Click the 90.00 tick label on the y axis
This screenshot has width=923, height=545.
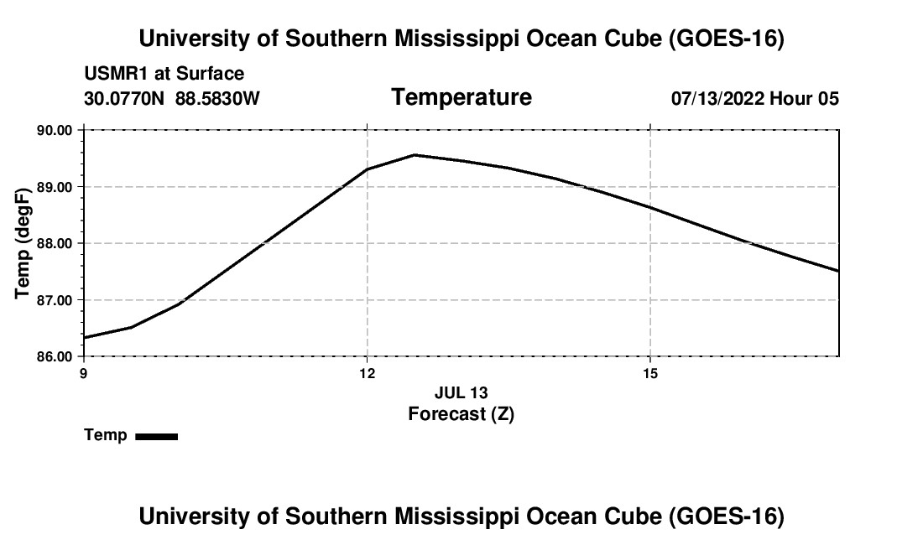pyautogui.click(x=55, y=131)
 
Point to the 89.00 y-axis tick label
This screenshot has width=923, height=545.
pyautogui.click(x=55, y=187)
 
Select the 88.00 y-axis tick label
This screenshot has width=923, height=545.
pyautogui.click(x=55, y=243)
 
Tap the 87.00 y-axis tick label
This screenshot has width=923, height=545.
pyautogui.click(x=55, y=300)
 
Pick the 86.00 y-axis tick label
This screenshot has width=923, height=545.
pyautogui.click(x=55, y=356)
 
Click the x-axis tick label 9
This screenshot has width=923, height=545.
pyautogui.click(x=84, y=373)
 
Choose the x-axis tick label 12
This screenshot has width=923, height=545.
pyautogui.click(x=368, y=373)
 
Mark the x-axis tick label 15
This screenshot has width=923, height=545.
pyautogui.click(x=649, y=373)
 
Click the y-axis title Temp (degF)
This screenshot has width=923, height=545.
pyautogui.click(x=22, y=243)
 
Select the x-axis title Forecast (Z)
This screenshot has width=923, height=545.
pyautogui.click(x=461, y=414)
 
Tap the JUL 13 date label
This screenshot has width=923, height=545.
pyautogui.click(x=461, y=392)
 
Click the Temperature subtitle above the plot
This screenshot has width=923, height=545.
pyautogui.click(x=461, y=97)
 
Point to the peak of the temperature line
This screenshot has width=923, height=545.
pyautogui.click(x=415, y=155)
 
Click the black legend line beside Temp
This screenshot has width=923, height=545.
pyautogui.click(x=157, y=436)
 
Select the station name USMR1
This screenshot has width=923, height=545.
pyautogui.click(x=117, y=74)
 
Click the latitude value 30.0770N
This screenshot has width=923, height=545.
pyautogui.click(x=124, y=98)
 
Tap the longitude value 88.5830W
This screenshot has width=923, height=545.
pyautogui.click(x=217, y=98)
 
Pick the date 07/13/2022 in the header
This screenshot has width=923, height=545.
pyautogui.click(x=717, y=98)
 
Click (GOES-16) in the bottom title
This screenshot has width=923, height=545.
pyautogui.click(x=727, y=516)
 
